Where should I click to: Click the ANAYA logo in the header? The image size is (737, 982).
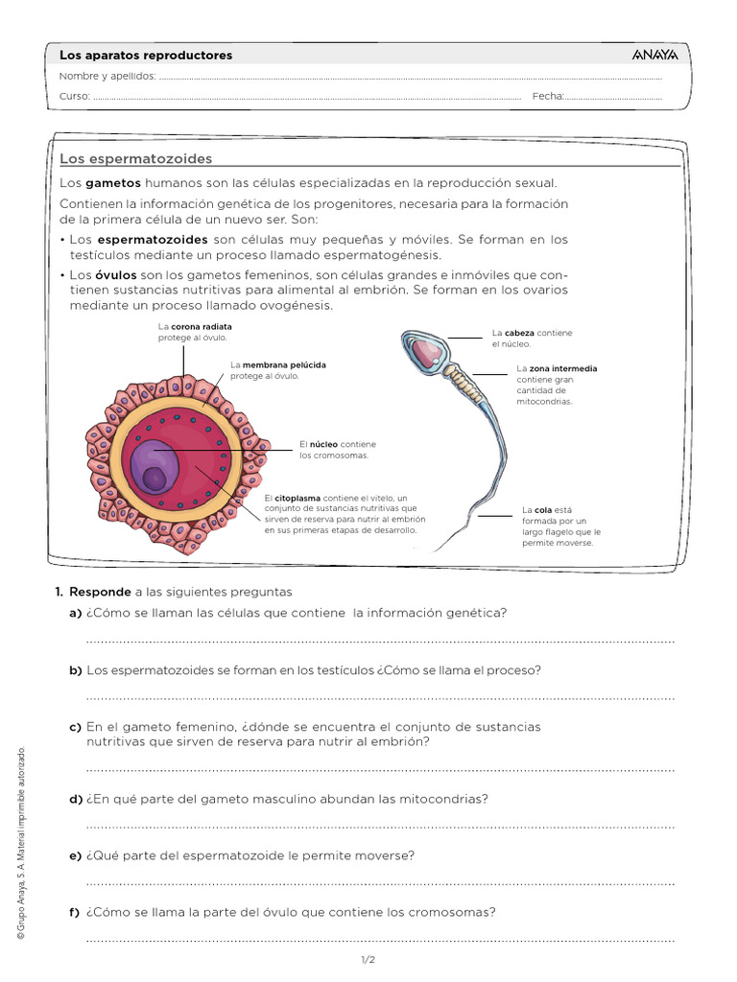(655, 55)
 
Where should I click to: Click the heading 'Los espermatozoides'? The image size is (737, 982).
(135, 158)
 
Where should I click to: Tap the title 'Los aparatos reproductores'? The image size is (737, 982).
(146, 56)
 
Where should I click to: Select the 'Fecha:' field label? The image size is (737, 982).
(548, 96)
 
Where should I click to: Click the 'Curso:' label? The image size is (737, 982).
(75, 96)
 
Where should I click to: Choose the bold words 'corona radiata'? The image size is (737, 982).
(201, 326)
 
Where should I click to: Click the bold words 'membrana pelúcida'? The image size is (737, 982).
(283, 365)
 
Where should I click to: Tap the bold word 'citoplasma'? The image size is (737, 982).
(297, 499)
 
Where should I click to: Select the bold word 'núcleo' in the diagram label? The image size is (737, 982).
(323, 445)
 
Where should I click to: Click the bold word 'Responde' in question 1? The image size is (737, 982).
(100, 592)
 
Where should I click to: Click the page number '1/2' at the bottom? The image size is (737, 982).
(368, 960)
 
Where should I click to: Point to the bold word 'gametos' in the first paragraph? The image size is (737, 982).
(113, 182)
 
